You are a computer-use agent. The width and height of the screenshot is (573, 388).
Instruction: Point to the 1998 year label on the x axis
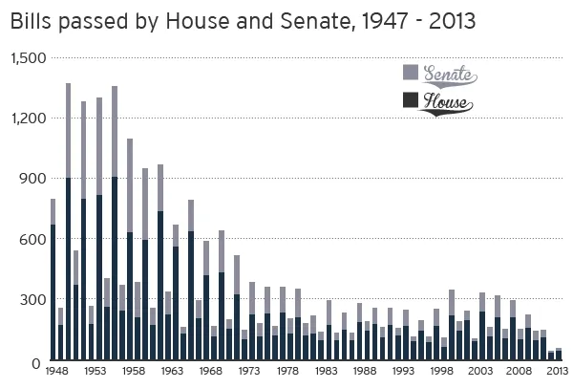point(443,372)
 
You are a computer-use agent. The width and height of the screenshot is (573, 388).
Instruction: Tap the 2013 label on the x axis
point(559,372)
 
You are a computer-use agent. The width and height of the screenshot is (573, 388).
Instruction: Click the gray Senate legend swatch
point(411,73)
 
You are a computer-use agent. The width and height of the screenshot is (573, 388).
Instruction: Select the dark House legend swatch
point(411,99)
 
